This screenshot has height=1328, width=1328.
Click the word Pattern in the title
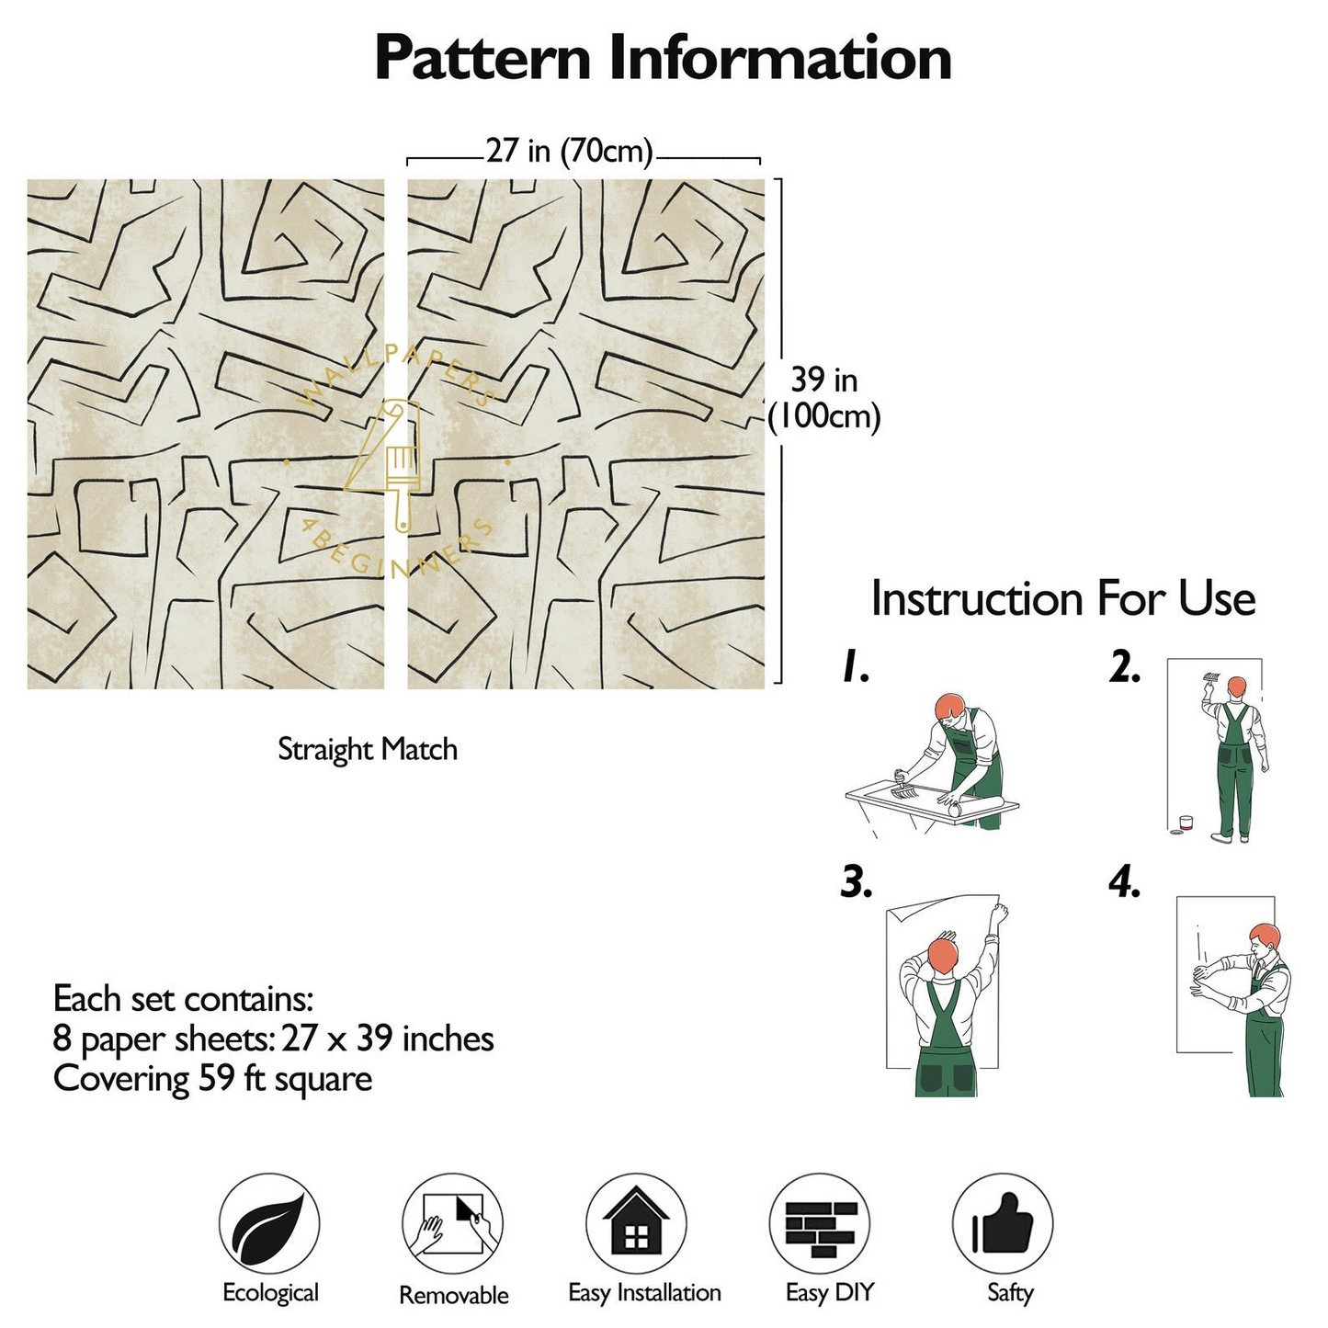(482, 59)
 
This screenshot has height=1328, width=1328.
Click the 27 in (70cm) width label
(569, 150)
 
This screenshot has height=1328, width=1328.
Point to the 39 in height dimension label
(824, 398)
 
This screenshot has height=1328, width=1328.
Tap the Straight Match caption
(368, 749)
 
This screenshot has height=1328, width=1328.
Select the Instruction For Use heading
(1062, 598)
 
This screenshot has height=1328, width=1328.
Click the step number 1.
(856, 665)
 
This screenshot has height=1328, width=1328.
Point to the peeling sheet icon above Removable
(453, 1224)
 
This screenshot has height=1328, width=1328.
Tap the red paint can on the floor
(1185, 823)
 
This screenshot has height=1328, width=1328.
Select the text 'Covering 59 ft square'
(212, 1079)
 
